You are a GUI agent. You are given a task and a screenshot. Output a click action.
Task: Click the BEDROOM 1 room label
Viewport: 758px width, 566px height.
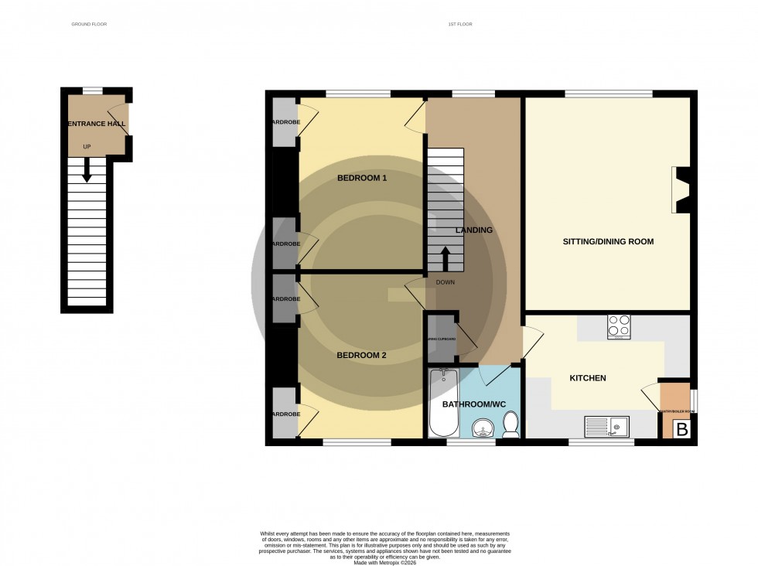[x=362, y=178]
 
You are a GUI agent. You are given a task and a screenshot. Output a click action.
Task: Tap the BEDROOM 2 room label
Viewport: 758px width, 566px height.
[x=361, y=356]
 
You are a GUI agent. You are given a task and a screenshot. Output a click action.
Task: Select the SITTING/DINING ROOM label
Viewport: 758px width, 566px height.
[x=608, y=242]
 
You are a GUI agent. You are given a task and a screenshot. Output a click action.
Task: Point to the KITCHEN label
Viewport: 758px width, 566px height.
[x=588, y=378]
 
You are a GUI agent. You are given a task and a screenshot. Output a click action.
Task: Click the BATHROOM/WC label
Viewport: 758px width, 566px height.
[x=473, y=404]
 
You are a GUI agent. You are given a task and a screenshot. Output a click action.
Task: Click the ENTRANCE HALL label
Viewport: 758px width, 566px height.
[x=97, y=124]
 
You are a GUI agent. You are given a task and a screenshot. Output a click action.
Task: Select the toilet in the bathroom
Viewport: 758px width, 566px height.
[x=510, y=424]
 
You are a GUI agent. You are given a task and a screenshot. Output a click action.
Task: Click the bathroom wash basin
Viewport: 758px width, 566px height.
[x=485, y=428]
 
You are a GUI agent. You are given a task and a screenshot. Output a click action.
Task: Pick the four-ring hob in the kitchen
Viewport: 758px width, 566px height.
[x=619, y=326]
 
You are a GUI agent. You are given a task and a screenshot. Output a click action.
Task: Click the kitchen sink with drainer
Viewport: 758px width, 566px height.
[x=610, y=426]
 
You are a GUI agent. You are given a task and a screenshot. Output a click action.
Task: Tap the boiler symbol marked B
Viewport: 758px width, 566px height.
[x=681, y=429]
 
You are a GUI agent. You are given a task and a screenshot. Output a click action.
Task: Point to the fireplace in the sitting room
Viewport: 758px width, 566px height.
[x=681, y=190]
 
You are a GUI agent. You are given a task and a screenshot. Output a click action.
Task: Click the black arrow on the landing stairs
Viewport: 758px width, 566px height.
[x=446, y=258]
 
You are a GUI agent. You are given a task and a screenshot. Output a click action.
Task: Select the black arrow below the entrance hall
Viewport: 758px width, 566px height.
[x=87, y=168]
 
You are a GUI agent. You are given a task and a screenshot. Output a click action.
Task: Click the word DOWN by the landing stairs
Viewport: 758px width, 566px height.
[x=446, y=282]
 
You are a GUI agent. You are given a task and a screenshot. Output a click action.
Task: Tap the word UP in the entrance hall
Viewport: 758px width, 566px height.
[x=87, y=147]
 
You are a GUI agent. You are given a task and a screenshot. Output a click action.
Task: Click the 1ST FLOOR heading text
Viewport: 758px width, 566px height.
[x=459, y=25]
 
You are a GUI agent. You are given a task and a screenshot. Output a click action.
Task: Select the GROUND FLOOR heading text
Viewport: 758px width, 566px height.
[x=89, y=25]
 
